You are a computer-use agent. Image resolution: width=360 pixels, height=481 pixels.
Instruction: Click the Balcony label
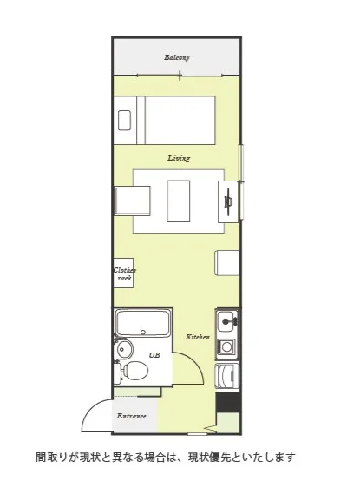coord(177,57)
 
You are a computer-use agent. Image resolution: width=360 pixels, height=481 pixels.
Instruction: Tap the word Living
coord(179,158)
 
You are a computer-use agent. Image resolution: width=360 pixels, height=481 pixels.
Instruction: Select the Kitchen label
coord(198,337)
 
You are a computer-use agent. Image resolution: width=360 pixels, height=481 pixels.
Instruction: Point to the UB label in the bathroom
coord(154,355)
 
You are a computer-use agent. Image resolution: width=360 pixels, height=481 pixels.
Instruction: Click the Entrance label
coord(132,416)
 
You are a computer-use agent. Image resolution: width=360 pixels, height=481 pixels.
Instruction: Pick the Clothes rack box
coord(123,273)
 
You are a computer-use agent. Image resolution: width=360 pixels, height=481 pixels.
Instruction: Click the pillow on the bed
coord(124,120)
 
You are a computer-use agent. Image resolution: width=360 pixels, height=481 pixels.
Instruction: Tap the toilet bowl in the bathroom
coord(134,370)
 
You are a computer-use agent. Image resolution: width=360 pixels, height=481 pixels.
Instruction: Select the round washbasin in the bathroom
coord(125,349)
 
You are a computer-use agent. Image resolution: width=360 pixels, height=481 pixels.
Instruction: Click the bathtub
coord(143,323)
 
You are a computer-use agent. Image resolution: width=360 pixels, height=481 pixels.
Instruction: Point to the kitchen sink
coord(227,320)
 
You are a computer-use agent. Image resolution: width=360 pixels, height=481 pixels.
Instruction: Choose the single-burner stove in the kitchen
coord(226,347)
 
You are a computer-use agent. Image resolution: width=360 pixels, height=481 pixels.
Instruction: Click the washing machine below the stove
coord(227,376)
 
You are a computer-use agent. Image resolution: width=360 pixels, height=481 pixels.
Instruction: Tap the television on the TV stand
coord(228,201)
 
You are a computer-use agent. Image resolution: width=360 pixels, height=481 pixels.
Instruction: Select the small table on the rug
coord(179,201)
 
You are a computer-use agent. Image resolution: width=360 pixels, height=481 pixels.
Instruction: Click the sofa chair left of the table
coord(132,201)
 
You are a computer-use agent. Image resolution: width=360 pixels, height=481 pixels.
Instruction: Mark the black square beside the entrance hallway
coord(228,402)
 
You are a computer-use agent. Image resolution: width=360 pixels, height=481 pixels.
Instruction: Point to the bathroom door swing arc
coord(193,362)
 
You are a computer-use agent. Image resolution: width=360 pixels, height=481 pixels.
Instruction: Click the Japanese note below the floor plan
coord(166,458)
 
